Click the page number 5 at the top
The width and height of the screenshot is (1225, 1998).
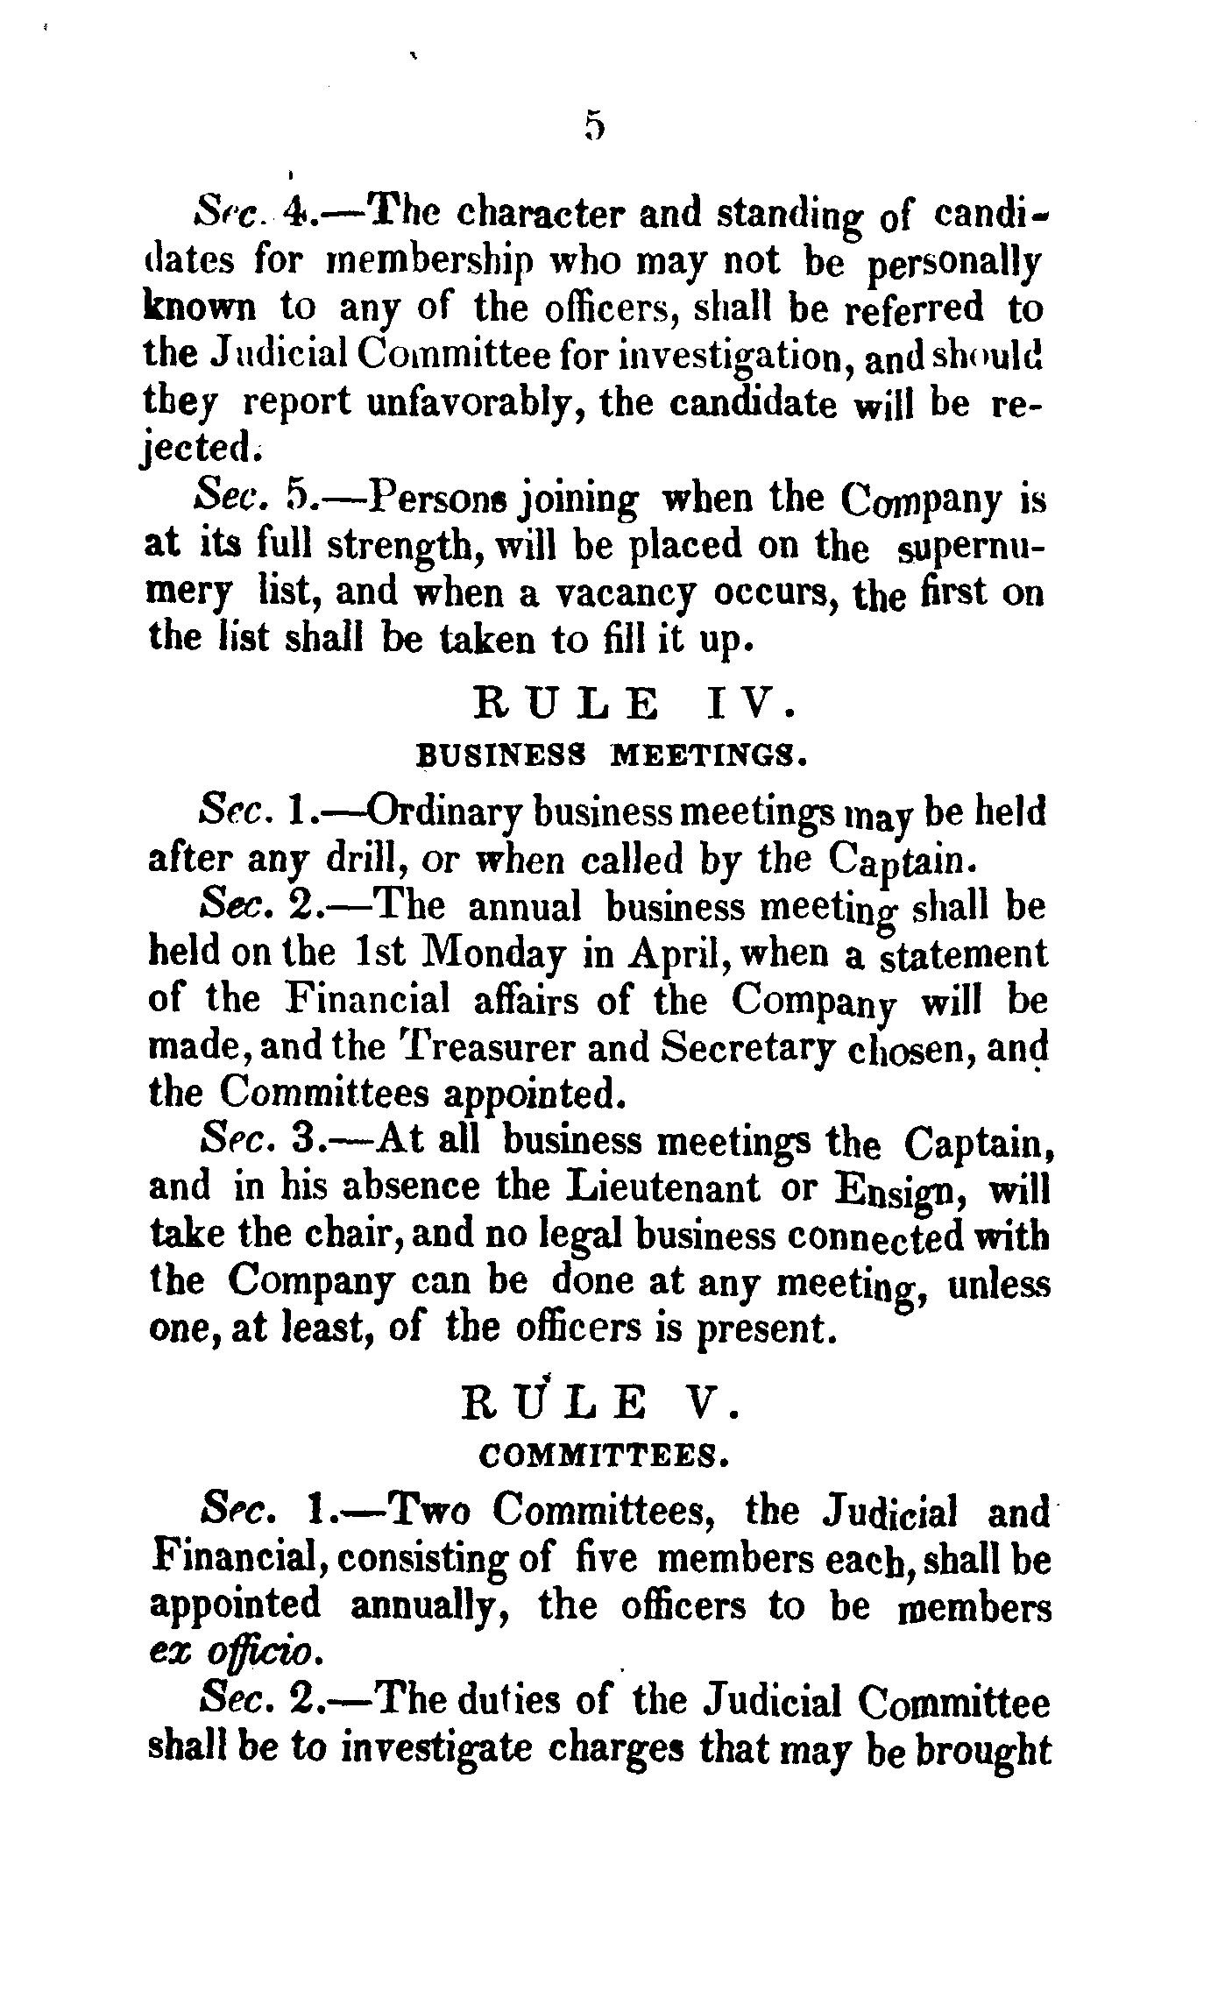595,127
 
